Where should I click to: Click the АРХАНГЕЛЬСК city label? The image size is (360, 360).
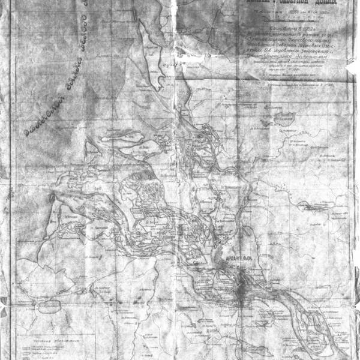point(239,260)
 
